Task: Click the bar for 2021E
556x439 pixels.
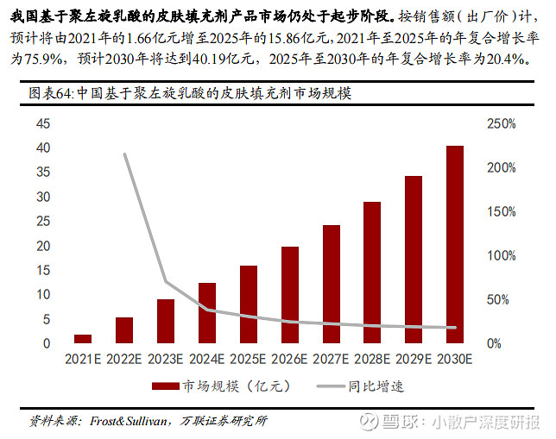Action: click(83, 338)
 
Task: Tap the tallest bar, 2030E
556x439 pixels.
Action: click(455, 244)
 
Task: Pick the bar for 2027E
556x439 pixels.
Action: click(332, 284)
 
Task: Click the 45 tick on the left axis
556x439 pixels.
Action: click(42, 124)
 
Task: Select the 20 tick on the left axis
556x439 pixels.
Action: click(42, 246)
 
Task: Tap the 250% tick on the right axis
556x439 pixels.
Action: click(501, 124)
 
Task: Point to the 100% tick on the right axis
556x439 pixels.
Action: click(501, 255)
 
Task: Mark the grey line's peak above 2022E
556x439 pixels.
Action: click(124, 154)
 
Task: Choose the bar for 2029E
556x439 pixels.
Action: click(414, 260)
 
